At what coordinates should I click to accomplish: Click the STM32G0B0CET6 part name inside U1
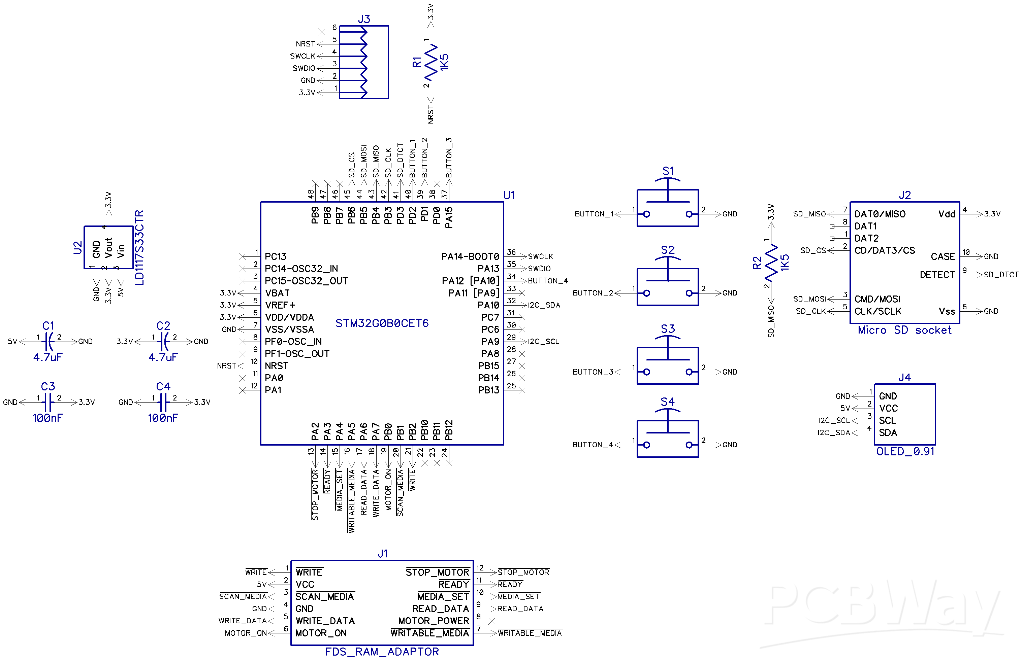click(x=382, y=323)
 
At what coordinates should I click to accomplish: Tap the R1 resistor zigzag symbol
click(x=431, y=63)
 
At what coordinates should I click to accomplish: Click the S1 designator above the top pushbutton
click(x=668, y=171)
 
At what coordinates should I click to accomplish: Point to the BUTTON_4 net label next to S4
click(x=592, y=445)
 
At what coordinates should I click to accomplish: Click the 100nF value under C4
click(x=163, y=418)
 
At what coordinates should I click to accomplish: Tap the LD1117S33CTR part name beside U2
click(x=139, y=248)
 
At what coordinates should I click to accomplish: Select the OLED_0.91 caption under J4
click(x=905, y=451)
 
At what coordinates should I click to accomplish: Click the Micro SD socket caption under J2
click(x=904, y=330)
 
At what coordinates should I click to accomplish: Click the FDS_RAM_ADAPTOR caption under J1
click(x=382, y=652)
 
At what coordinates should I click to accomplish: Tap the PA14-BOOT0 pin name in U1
click(x=470, y=256)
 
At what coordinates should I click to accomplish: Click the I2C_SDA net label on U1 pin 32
click(x=544, y=305)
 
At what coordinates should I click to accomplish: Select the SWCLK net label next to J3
click(x=302, y=56)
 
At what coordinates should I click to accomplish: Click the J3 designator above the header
click(x=364, y=19)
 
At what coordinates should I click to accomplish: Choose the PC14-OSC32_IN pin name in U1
click(x=301, y=269)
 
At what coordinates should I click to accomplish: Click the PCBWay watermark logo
click(x=880, y=609)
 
